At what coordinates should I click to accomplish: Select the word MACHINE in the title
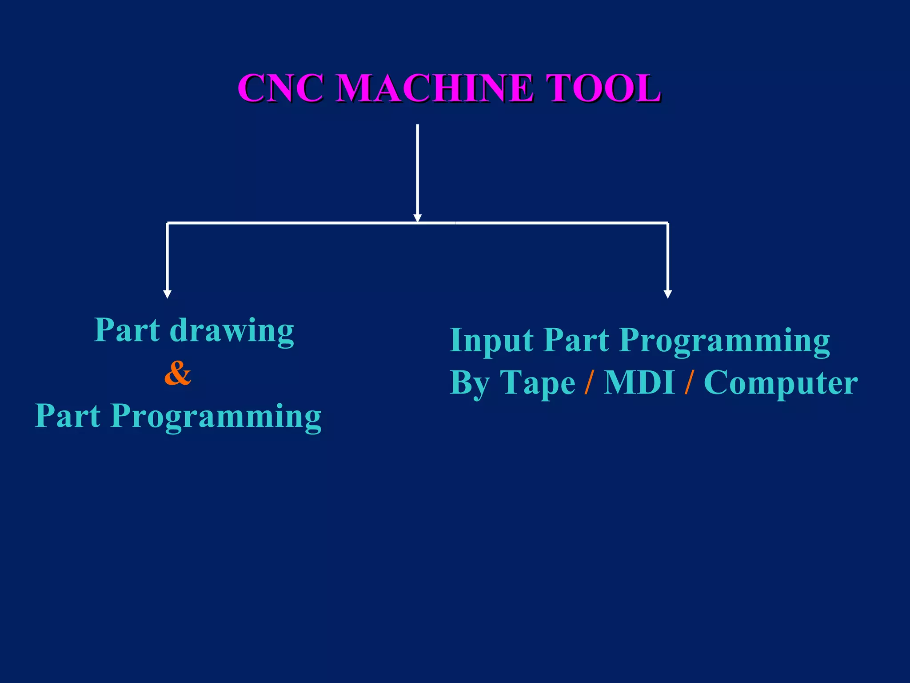[x=434, y=88]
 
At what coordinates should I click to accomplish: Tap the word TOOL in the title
[x=603, y=88]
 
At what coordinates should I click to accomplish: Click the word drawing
[x=231, y=331]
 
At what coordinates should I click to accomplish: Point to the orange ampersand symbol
[x=178, y=373]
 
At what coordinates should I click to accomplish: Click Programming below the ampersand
[x=216, y=417]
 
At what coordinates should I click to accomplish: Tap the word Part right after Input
[x=576, y=340]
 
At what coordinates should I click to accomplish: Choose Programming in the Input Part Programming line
[x=725, y=341]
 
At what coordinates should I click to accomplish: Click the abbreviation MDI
[x=639, y=382]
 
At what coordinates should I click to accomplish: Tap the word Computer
[x=781, y=382]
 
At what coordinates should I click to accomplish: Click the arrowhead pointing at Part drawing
[x=168, y=294]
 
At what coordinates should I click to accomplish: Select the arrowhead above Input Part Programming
[x=667, y=294]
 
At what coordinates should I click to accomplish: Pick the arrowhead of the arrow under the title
[x=417, y=217]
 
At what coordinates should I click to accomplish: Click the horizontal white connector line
[x=311, y=223]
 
